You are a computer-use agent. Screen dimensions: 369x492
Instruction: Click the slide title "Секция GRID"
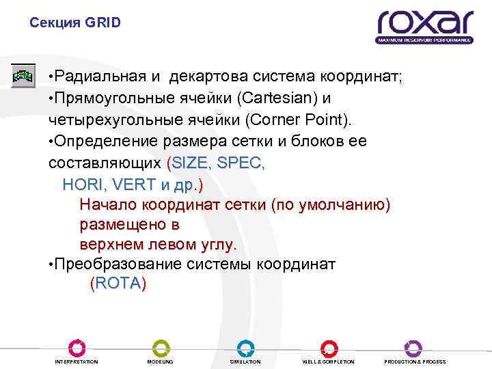click(75, 23)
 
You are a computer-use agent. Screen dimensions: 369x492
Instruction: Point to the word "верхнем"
click(110, 243)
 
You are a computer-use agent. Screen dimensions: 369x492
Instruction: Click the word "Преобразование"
click(122, 264)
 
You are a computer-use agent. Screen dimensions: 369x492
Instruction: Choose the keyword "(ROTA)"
click(118, 284)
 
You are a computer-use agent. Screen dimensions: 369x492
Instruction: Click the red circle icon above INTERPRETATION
click(76, 347)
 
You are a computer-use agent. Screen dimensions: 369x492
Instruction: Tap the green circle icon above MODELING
click(161, 347)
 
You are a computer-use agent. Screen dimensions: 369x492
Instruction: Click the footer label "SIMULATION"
click(245, 361)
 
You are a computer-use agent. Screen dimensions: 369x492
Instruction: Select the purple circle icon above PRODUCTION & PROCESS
click(414, 347)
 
